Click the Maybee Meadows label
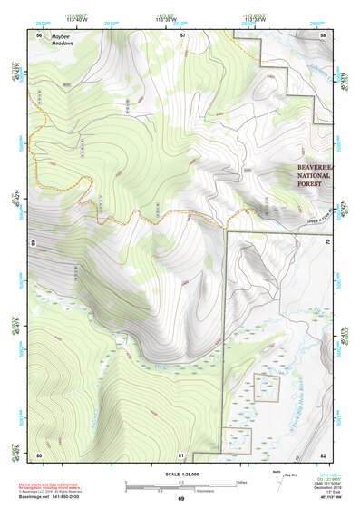pos(63,40)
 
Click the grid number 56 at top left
pos(39,34)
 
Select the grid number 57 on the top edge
pos(182,34)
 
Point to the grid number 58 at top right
pos(325,34)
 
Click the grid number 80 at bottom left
pos(39,454)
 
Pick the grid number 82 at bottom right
pos(325,454)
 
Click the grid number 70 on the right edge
pos(327,243)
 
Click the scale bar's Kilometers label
pos(180,490)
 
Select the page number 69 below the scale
pos(180,500)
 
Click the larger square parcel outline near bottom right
pos(266,387)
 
